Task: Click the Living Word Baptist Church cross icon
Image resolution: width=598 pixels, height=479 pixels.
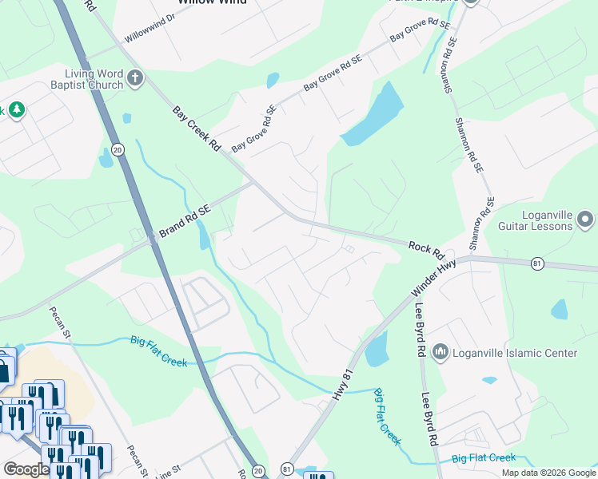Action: tap(135, 78)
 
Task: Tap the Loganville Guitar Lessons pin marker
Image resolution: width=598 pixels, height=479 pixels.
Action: tap(585, 218)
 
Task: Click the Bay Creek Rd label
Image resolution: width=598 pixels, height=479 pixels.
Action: tap(196, 128)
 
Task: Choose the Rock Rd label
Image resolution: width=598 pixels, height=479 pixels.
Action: tap(426, 249)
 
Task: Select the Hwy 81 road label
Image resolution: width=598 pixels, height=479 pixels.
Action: tap(341, 386)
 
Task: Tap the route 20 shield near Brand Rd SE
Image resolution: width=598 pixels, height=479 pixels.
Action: tap(118, 149)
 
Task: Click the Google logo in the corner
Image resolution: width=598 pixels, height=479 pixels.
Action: tap(26, 469)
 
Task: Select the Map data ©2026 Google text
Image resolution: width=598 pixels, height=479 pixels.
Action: tap(548, 473)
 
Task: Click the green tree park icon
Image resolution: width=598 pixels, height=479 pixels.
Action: tap(14, 109)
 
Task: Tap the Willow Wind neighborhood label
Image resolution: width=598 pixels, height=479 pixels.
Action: tap(212, 2)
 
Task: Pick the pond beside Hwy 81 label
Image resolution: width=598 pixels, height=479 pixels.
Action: tap(376, 349)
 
